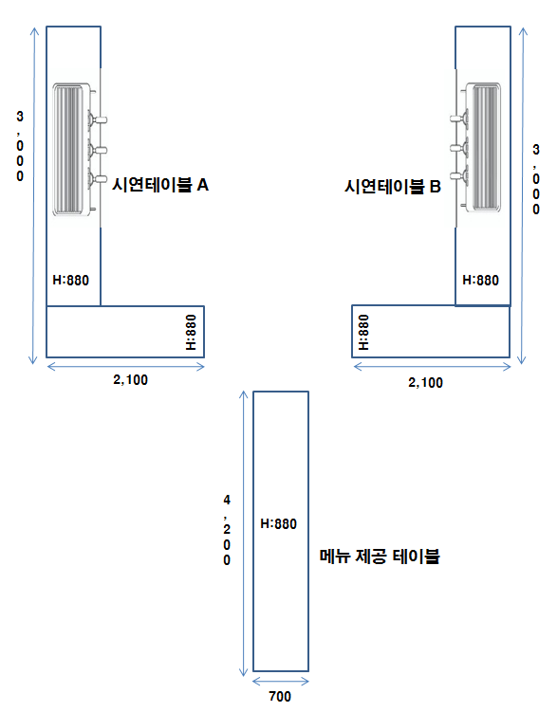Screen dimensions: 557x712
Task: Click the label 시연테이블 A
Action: point(160,185)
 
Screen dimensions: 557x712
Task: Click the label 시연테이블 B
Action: point(393,186)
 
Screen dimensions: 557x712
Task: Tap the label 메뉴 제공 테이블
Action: point(380,557)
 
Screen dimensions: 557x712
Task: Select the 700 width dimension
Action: point(280,696)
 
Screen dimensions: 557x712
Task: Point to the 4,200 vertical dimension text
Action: point(227,530)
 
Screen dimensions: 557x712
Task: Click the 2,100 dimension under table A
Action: point(130,379)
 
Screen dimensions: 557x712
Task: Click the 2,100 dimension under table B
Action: point(425,383)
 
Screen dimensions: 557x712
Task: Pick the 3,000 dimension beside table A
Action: point(20,146)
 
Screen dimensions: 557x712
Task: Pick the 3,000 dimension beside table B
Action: point(536,179)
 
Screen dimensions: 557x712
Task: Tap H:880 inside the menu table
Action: point(279,524)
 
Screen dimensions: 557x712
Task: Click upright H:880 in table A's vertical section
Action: point(71,281)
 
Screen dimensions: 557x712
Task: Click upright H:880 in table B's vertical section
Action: point(481,281)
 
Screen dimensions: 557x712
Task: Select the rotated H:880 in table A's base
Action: point(192,333)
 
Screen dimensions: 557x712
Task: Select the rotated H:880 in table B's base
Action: point(363,333)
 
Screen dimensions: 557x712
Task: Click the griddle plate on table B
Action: point(483,148)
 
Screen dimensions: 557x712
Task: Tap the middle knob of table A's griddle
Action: point(97,150)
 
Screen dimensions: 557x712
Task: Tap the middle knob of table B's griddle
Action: point(459,148)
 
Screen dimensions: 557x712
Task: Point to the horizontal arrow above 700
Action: point(281,681)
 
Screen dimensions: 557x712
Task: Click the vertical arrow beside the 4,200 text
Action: point(244,533)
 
